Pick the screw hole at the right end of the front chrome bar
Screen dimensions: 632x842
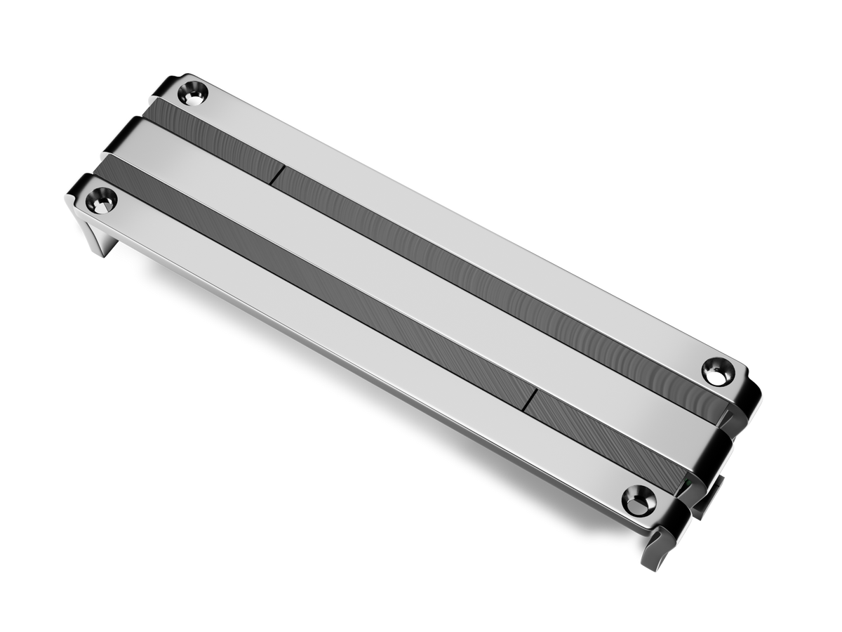point(638,499)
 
